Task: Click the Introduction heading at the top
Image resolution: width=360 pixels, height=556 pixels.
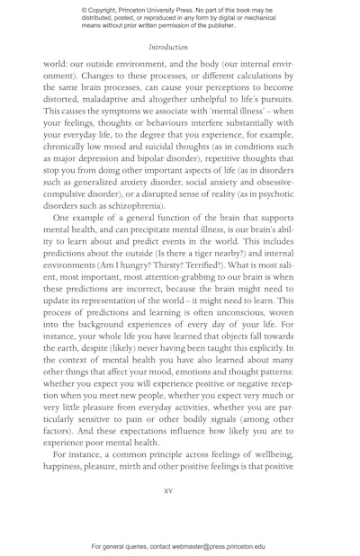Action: pos(168,47)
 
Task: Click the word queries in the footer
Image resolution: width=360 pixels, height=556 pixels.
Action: pos(142,546)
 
